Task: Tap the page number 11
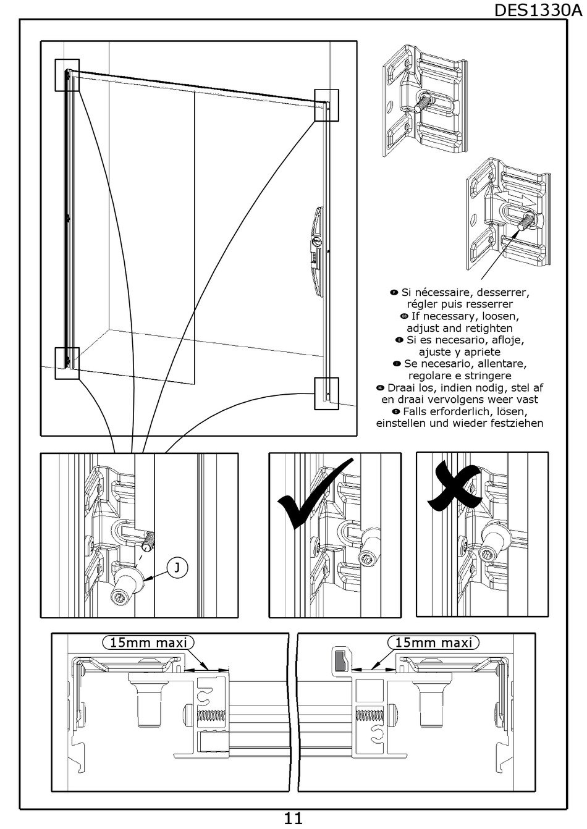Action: coord(293,818)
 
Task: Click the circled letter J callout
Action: coord(177,568)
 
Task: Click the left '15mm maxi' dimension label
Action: coord(148,642)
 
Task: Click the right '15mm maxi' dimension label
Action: coord(433,642)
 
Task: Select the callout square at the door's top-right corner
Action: coord(326,104)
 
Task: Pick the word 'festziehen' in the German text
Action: coord(514,423)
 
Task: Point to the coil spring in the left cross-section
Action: coord(211,718)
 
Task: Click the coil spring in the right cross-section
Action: coord(371,717)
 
